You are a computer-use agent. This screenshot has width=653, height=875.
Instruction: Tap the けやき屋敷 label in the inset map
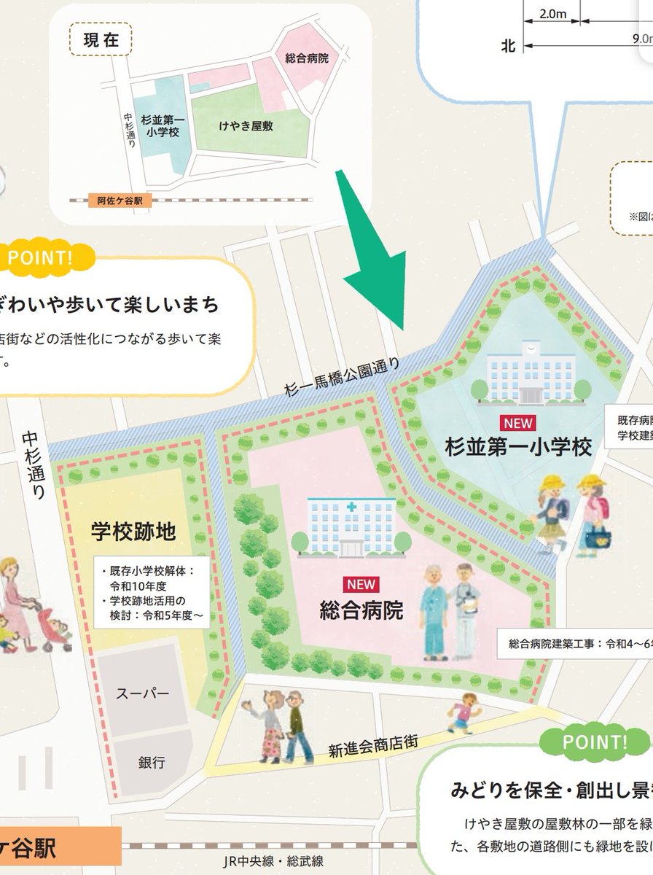click(246, 126)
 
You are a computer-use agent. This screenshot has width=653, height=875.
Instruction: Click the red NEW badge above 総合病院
click(361, 583)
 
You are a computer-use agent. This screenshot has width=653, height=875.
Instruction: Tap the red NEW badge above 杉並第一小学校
click(517, 422)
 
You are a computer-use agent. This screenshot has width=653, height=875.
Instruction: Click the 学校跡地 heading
click(133, 532)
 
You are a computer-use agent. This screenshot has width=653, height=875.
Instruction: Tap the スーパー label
click(143, 693)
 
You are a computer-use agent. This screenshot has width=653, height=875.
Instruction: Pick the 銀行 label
click(152, 762)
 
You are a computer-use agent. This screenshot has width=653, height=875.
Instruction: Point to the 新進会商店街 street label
click(362, 744)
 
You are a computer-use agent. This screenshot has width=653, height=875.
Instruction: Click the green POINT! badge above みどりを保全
click(595, 742)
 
